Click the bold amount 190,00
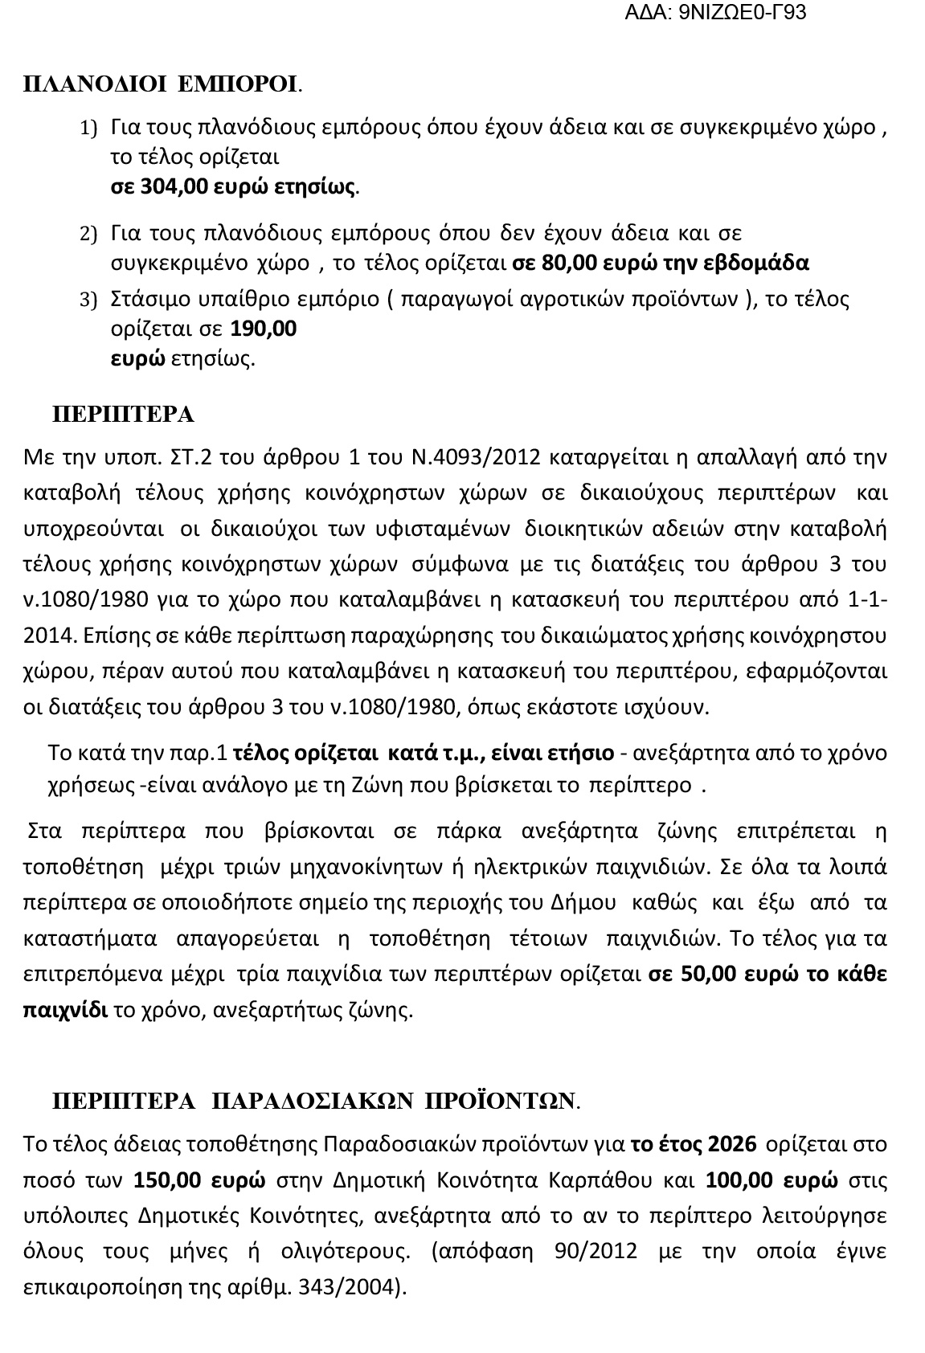pyautogui.click(x=264, y=329)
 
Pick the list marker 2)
pyautogui.click(x=88, y=235)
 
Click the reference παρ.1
pyautogui.click(x=204, y=754)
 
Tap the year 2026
pyautogui.click(x=732, y=1144)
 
